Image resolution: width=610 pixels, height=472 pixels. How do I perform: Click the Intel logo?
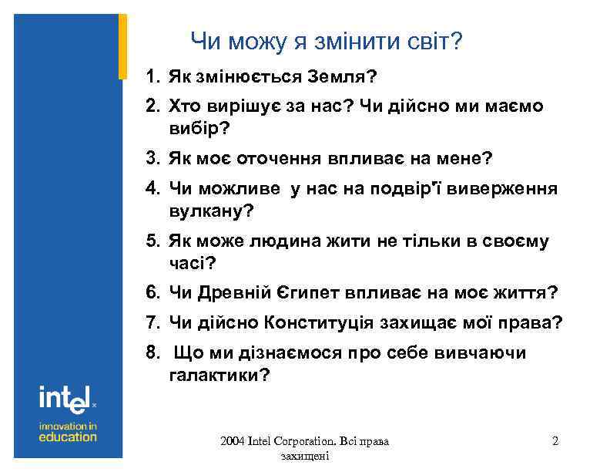click(x=67, y=398)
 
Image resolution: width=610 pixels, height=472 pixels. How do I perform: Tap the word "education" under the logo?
click(x=68, y=437)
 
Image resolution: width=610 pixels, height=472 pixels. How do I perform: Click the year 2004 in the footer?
click(x=232, y=442)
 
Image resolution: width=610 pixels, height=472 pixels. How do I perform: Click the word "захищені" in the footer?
click(x=305, y=457)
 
